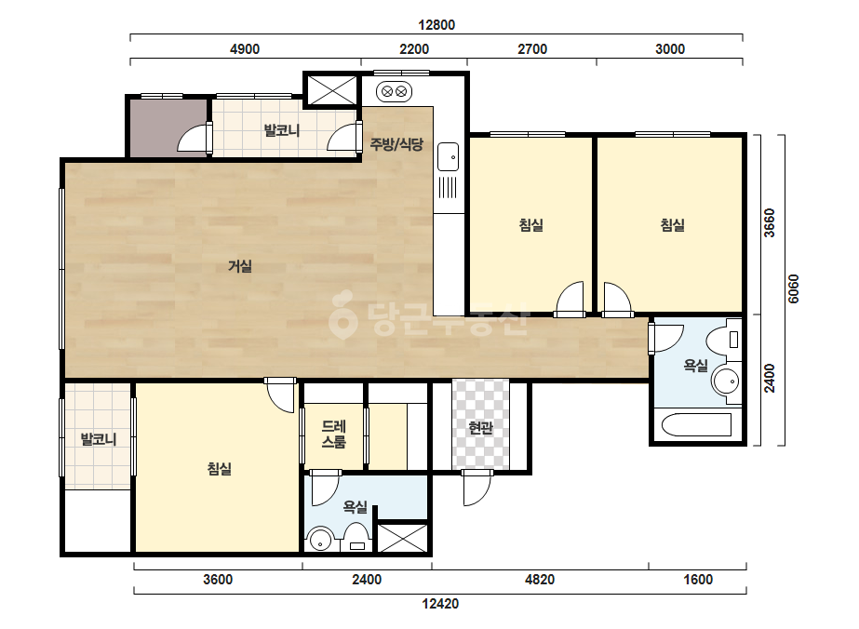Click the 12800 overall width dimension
click(x=436, y=25)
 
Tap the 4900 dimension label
click(x=245, y=49)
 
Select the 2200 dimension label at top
click(x=414, y=49)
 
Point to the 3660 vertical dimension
click(x=770, y=223)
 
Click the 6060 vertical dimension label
click(x=793, y=288)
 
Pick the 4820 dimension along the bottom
click(x=540, y=580)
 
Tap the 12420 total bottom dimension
click(x=440, y=604)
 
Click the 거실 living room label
click(x=240, y=267)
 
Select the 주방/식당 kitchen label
click(x=396, y=144)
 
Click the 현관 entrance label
click(x=481, y=428)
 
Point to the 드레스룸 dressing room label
click(x=333, y=434)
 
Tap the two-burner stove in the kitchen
click(x=395, y=91)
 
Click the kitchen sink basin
click(x=449, y=156)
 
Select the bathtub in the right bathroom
click(x=696, y=425)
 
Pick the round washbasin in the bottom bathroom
click(x=319, y=541)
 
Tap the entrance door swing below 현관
click(x=477, y=488)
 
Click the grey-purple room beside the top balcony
click(x=168, y=127)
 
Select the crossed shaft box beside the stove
click(x=331, y=89)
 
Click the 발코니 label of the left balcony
click(x=99, y=439)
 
